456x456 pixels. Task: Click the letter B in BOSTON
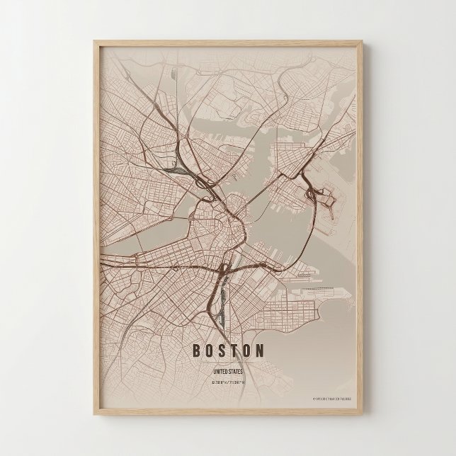[x=196, y=350]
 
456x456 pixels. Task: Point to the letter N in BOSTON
[x=261, y=350]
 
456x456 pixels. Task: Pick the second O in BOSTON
[x=249, y=350]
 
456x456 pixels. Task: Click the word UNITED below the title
[x=220, y=371]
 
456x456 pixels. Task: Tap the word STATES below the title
[x=236, y=371]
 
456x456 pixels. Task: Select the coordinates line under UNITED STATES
[x=228, y=382]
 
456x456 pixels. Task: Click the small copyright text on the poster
[x=333, y=399]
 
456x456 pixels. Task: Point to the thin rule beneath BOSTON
[x=228, y=363]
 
